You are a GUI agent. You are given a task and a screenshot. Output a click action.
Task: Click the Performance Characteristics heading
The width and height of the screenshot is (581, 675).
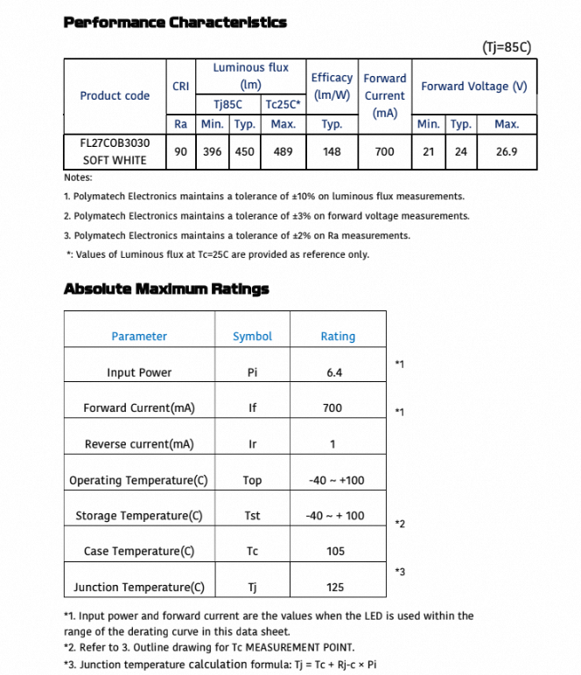175,22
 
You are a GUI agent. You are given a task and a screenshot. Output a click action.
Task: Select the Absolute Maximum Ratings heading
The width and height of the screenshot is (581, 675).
166,289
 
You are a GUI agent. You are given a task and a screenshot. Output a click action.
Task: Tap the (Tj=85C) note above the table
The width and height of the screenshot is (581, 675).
507,47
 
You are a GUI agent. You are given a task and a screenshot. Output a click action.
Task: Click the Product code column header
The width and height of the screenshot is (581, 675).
115,95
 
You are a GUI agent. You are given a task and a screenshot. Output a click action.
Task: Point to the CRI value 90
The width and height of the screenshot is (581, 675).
181,151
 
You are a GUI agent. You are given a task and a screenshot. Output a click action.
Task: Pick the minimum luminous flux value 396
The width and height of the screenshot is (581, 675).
212,151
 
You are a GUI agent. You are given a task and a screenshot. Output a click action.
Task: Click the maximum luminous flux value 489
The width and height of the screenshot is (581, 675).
283,151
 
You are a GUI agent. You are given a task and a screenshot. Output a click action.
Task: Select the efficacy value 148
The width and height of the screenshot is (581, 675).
332,151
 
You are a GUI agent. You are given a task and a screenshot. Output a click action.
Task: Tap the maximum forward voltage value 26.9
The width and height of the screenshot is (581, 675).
507,151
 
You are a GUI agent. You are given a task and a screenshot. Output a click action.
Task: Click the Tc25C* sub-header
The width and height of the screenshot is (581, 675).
283,104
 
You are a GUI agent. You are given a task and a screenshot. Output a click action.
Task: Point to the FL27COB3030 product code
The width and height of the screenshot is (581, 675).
115,142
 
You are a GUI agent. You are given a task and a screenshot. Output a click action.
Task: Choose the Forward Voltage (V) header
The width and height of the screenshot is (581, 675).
474,86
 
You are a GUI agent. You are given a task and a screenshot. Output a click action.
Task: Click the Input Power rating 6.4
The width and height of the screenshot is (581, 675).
334,372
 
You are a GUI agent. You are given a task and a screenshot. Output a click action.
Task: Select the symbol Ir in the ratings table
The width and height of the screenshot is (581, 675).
252,444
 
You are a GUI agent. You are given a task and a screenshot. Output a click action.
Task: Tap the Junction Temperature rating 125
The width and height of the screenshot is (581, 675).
334,588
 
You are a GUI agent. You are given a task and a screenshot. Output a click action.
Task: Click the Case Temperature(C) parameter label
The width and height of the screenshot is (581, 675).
138,552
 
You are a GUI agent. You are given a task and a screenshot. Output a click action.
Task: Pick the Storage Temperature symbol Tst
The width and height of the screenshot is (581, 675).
252,516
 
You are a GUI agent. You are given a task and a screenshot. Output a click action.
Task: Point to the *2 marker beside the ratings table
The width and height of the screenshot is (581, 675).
399,524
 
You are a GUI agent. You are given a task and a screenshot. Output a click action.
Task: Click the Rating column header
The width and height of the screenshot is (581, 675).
338,337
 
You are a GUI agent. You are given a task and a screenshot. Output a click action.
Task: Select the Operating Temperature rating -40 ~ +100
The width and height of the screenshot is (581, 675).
336,480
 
